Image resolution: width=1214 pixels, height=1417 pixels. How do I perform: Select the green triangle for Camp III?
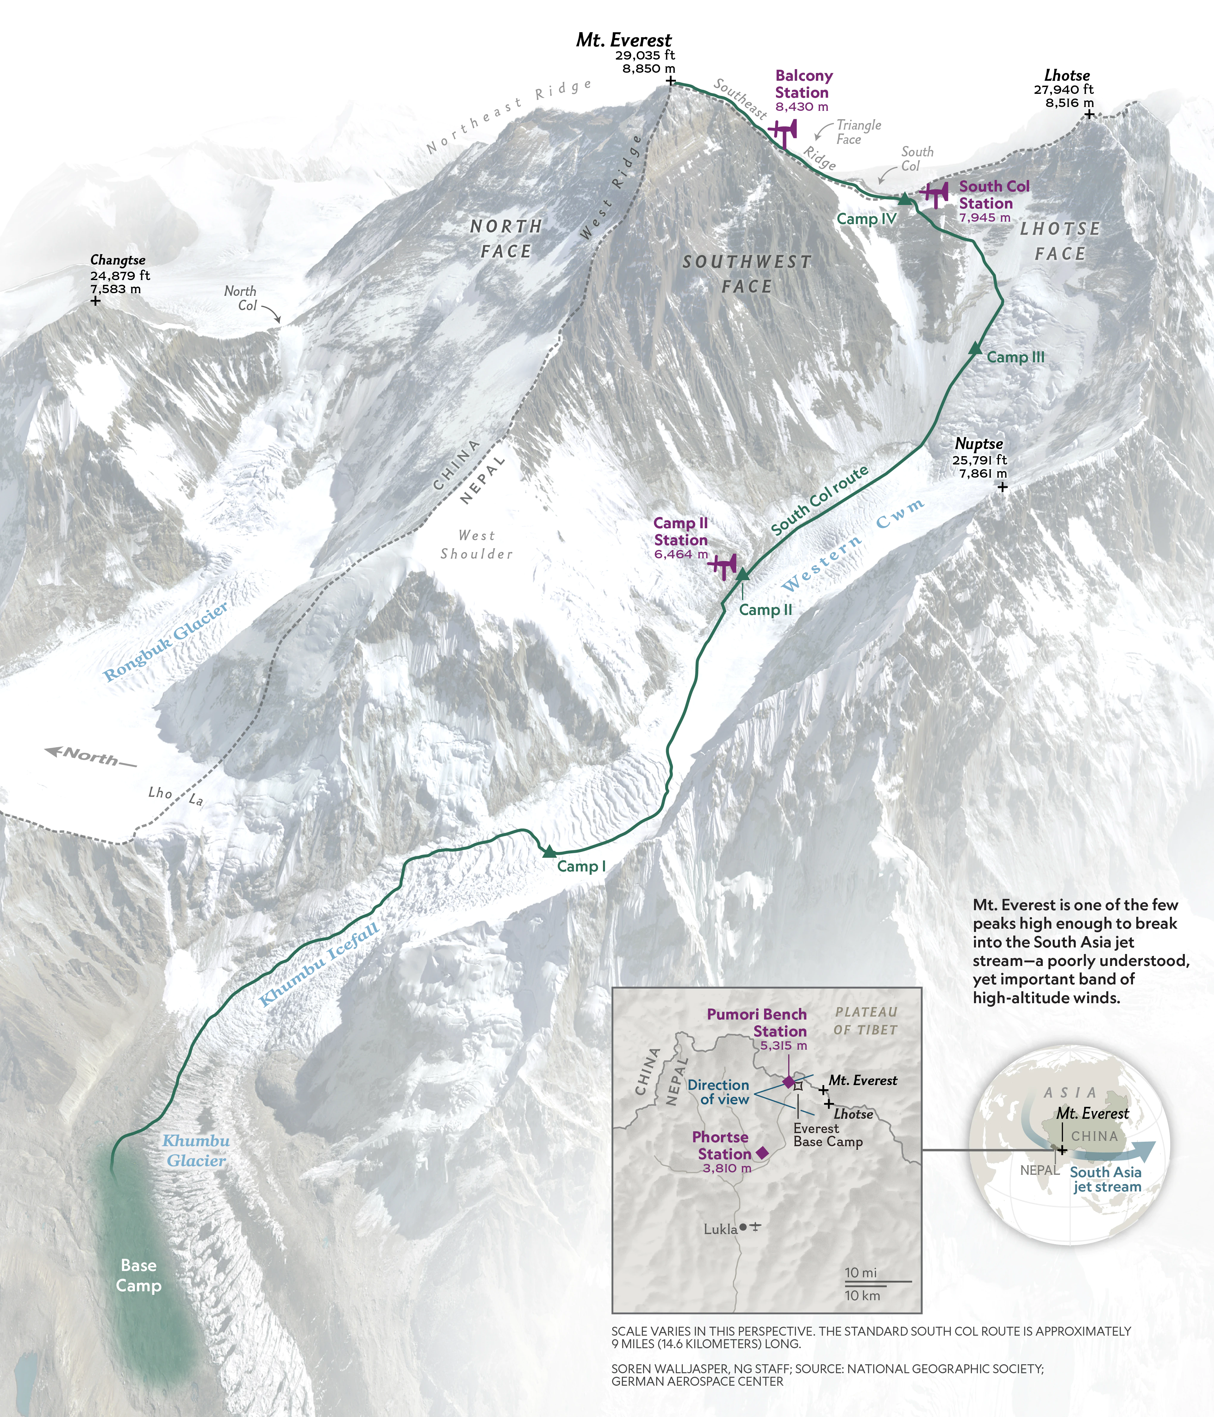click(975, 349)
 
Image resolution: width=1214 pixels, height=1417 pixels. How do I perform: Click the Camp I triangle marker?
click(549, 852)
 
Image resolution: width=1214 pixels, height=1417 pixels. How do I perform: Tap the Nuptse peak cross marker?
click(1002, 487)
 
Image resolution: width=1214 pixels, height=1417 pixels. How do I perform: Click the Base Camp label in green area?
click(139, 1275)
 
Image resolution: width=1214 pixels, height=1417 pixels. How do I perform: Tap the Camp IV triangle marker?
click(904, 199)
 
